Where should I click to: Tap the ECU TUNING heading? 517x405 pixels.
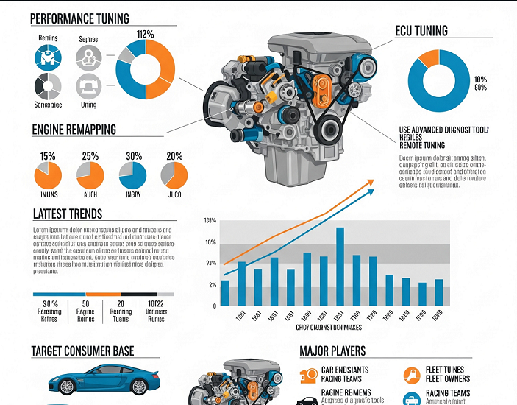tap(421, 31)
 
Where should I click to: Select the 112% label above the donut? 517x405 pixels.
tap(145, 33)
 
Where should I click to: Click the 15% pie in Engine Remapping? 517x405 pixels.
tap(48, 175)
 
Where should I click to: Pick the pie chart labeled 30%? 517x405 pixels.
tap(133, 175)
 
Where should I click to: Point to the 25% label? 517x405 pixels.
tap(90, 156)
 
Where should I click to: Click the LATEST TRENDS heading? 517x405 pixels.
tap(68, 214)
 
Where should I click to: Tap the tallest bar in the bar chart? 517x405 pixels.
tap(340, 267)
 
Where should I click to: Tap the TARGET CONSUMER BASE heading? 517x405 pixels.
tap(83, 351)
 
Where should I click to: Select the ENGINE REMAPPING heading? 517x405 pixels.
tap(74, 130)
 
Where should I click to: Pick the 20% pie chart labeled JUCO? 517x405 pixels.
tap(174, 175)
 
